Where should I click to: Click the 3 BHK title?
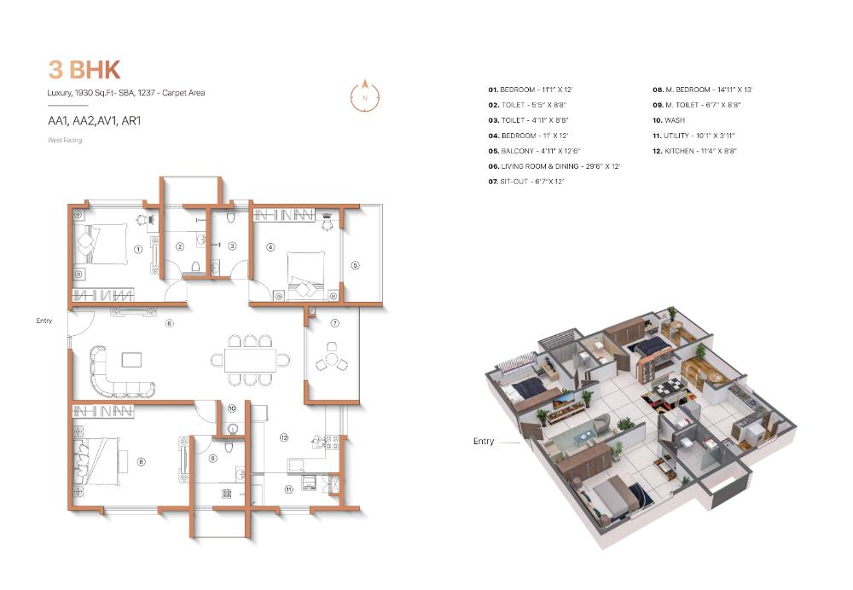[x=84, y=70]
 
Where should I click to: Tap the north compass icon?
[x=365, y=96]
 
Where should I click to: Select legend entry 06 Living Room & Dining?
[x=554, y=166]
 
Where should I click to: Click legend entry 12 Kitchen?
[x=694, y=151]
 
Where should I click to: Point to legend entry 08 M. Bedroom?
[x=702, y=90]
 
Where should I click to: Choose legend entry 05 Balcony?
[x=534, y=151]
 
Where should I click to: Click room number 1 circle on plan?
[x=138, y=249]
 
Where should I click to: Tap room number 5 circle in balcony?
[x=355, y=265]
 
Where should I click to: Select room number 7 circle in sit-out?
[x=335, y=323]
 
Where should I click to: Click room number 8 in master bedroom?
[x=141, y=462]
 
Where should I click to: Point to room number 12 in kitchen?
[x=284, y=437]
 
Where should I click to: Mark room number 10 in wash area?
[x=232, y=408]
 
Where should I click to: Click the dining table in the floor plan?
[x=250, y=360]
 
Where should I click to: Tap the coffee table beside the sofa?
[x=131, y=360]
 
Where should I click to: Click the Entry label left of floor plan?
[x=44, y=321]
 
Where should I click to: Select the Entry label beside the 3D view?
[x=484, y=441]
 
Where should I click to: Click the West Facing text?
[x=65, y=141]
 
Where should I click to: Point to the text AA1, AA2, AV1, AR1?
[x=95, y=121]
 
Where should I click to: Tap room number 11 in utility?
[x=289, y=489]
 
